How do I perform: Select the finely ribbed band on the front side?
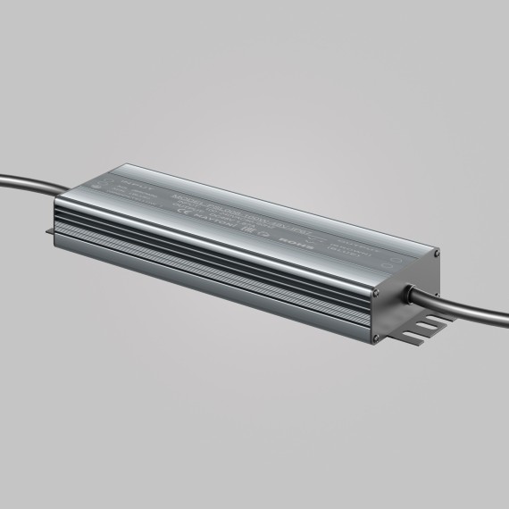point(223,286)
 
